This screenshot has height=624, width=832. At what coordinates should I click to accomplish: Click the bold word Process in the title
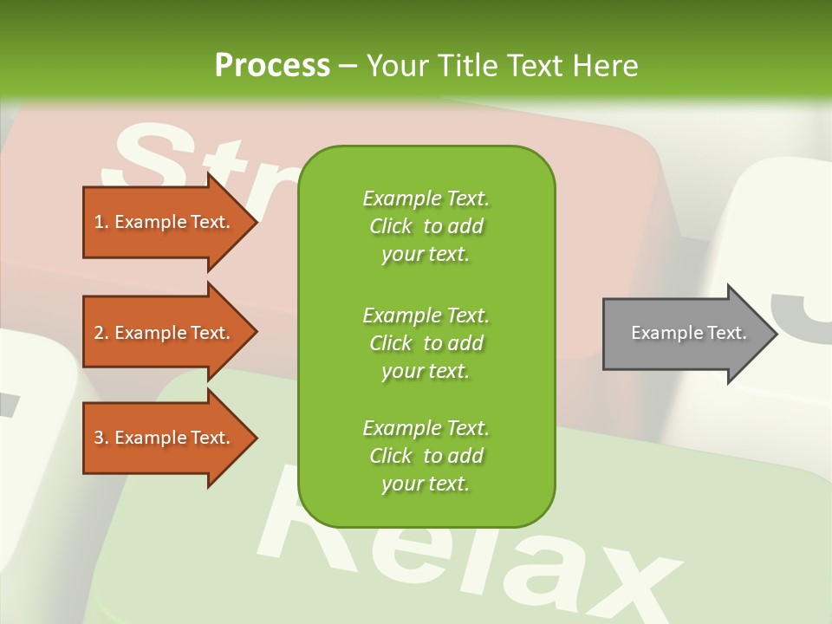pos(272,65)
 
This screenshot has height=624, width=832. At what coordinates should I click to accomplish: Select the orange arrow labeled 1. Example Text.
pos(165,222)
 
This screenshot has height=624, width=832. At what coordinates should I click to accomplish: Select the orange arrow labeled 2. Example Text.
pos(165,333)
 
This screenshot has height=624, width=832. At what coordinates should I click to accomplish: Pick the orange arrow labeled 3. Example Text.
pos(165,438)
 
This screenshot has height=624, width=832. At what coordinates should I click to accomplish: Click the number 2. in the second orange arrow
pos(101,333)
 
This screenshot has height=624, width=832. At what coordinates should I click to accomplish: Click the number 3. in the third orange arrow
pos(101,438)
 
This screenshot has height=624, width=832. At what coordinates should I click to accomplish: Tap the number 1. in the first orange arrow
pos(101,222)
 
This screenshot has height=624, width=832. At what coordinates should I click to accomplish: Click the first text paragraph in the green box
pos(426,226)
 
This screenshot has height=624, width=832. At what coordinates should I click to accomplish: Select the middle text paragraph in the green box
pos(426,342)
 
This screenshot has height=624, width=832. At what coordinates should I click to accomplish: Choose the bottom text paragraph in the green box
pos(426,456)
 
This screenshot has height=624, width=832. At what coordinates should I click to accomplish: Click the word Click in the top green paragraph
pos(390,226)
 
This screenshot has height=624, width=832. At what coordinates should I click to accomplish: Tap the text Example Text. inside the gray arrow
pos(688,333)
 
